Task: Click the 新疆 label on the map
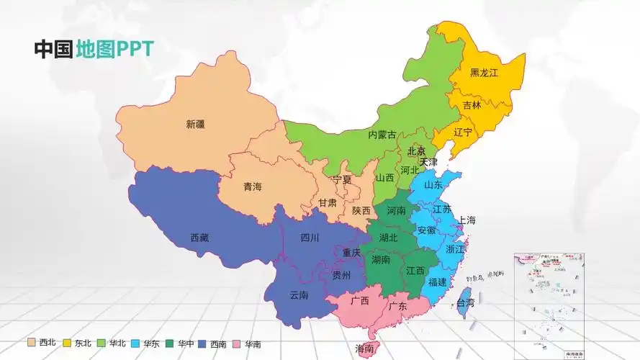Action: click(195, 124)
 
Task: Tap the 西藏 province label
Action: click(199, 238)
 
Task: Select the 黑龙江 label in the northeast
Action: click(484, 73)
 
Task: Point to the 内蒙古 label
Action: click(382, 135)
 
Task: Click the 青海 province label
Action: click(253, 187)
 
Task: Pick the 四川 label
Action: click(310, 238)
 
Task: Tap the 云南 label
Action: click(299, 295)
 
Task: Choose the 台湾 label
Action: click(467, 303)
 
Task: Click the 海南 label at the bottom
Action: click(364, 349)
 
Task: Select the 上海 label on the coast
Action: click(467, 220)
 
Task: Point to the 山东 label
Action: click(433, 184)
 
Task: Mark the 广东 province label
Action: click(398, 306)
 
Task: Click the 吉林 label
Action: click(472, 105)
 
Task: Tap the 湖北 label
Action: click(388, 237)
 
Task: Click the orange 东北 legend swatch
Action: click(67, 343)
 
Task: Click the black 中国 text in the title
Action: click(53, 48)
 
